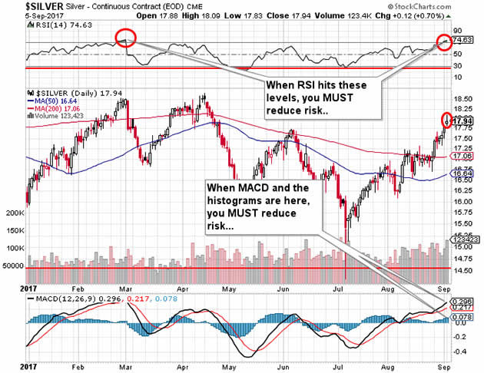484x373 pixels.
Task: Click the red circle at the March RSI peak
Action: click(x=126, y=38)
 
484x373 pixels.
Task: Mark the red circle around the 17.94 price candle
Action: click(x=447, y=120)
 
